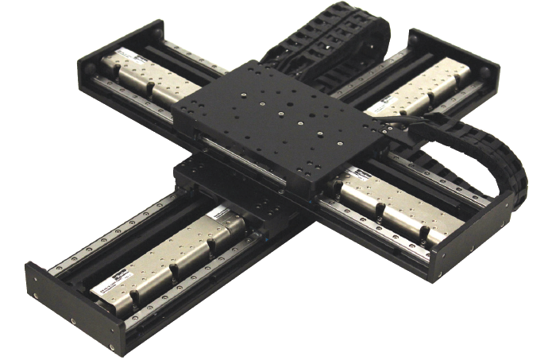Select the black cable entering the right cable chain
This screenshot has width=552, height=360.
pos(413,119)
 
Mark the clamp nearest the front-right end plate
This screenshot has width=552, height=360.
pos(424,234)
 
